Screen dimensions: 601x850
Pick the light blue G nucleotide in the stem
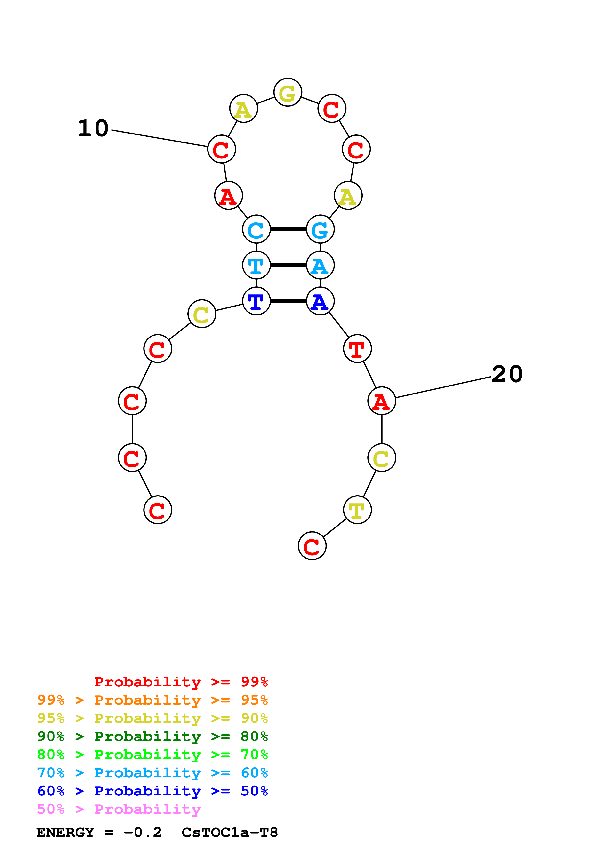pos(320,229)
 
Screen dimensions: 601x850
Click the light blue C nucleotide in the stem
pos(256,229)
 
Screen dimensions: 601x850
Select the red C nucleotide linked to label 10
pos(221,149)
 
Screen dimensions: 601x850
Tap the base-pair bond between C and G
pos(288,229)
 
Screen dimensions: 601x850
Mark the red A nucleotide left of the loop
pos(228,196)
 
